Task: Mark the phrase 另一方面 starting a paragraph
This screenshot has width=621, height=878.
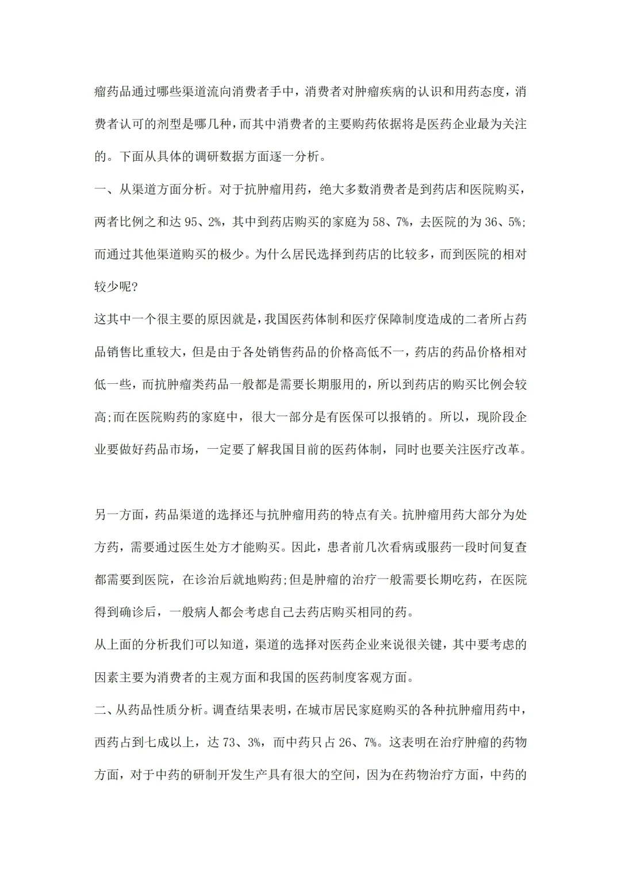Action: tap(119, 514)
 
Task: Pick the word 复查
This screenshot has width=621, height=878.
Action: tap(514, 547)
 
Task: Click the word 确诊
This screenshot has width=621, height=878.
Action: tap(132, 612)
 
